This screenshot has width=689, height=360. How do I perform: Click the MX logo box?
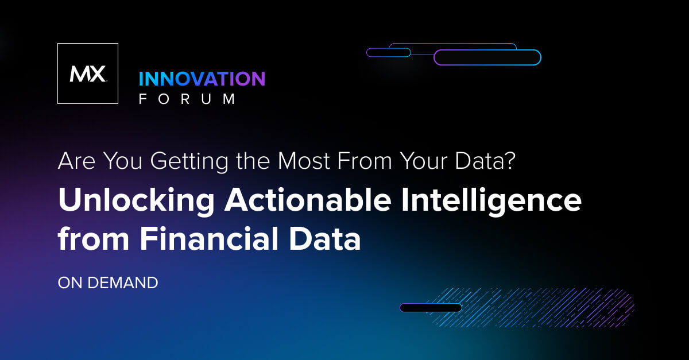point(88,73)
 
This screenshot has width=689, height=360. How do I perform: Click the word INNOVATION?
point(202,79)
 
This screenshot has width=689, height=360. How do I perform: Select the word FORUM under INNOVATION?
point(188,99)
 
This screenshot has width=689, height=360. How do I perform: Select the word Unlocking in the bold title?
point(137,201)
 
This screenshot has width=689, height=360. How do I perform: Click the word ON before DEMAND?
point(70,283)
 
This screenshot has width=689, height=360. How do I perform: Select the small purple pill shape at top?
point(389,52)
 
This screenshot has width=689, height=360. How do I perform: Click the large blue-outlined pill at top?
point(487,57)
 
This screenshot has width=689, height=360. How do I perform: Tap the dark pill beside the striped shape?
point(431,308)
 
